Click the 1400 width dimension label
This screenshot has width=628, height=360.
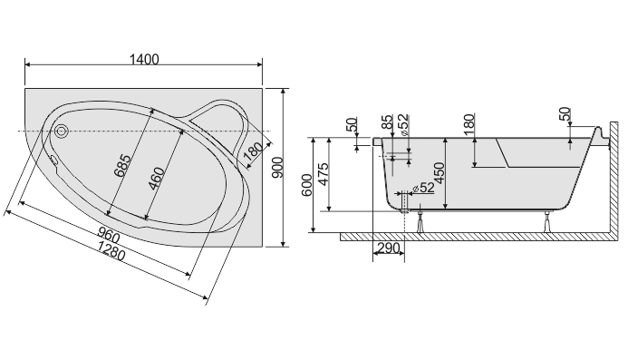pyautogui.click(x=144, y=59)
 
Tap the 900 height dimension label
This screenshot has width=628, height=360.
pyautogui.click(x=277, y=168)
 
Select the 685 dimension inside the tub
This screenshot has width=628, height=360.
pyautogui.click(x=122, y=166)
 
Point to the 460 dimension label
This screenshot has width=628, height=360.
pyautogui.click(x=156, y=179)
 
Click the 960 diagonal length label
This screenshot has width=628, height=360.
pyautogui.click(x=109, y=236)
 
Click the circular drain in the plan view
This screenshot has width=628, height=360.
pyautogui.click(x=62, y=131)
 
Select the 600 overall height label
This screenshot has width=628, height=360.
pyautogui.click(x=307, y=185)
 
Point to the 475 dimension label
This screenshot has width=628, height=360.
pyautogui.click(x=323, y=173)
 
